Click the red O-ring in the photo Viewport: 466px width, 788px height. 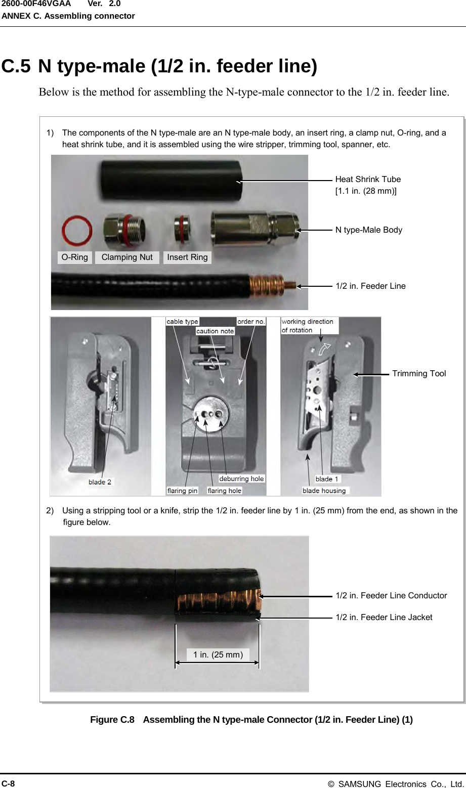tap(77, 231)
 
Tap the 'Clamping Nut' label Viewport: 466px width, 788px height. tap(126, 257)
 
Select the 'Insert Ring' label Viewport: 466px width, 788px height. tap(187, 257)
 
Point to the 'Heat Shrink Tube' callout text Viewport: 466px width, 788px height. tap(368, 180)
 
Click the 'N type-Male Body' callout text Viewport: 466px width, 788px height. tap(369, 230)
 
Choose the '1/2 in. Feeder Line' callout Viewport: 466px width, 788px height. tap(370, 286)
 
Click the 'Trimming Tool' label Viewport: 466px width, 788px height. tap(419, 374)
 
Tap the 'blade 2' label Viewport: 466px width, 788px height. tap(100, 482)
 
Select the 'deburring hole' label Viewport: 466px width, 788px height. tap(241, 479)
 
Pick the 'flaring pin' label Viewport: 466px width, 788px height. tap(182, 491)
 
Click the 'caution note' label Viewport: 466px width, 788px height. tap(215, 331)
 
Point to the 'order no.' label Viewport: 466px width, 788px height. tap(251, 322)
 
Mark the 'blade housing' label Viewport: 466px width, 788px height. tap(324, 491)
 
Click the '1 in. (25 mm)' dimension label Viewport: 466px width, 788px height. tap(218, 655)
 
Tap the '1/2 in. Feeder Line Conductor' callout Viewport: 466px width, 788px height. tap(391, 596)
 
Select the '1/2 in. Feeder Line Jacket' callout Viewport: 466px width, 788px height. tap(384, 618)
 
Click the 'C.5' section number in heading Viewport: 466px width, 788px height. tap(16, 67)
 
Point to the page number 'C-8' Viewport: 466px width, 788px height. tap(8, 783)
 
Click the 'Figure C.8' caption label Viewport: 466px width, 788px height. tap(112, 720)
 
